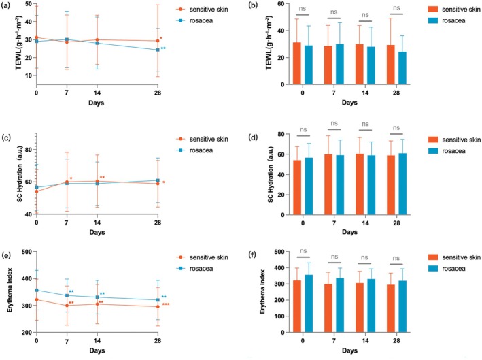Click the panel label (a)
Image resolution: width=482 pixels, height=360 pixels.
[6, 5]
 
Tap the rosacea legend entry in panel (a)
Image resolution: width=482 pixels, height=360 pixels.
[194, 20]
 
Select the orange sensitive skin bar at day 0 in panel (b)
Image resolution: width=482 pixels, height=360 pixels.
[296, 63]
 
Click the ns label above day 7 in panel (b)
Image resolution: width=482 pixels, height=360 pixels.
[334, 12]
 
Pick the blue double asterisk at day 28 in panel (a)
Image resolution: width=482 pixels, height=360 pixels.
[163, 48]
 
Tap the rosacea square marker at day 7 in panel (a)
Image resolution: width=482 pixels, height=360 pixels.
[67, 39]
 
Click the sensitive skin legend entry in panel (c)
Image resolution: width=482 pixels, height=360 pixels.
[203, 139]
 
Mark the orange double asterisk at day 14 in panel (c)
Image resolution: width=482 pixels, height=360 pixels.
[102, 177]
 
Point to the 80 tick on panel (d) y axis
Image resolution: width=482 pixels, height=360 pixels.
[281, 134]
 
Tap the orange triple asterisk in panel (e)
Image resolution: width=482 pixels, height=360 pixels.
[166, 304]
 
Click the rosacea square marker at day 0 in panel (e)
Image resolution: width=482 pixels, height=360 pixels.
[37, 290]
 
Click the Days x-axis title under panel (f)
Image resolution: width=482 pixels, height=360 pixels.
[349, 350]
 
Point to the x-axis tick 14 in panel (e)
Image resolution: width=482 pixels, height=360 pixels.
[97, 341]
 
